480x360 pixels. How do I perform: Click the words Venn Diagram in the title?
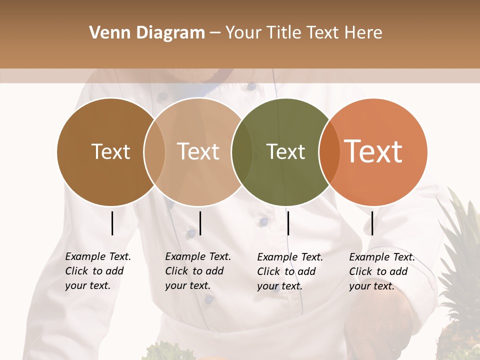147,33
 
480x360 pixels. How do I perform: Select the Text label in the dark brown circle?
110,151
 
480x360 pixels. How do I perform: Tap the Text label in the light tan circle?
198,151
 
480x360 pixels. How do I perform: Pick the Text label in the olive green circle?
285,151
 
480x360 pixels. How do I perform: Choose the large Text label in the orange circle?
373,151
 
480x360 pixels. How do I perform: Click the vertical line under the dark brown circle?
112,223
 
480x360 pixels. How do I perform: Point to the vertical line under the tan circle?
200,223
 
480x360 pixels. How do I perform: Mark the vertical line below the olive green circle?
288,223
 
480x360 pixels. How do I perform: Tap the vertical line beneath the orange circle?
372,223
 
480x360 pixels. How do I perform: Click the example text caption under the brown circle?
98,271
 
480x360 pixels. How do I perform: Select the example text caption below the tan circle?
198,271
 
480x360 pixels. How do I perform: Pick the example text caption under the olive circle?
290,271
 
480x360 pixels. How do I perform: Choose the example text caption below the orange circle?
382,271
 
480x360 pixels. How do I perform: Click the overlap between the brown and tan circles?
154,152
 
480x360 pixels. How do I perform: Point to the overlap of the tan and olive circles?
242,152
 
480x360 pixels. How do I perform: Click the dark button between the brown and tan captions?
190,233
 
